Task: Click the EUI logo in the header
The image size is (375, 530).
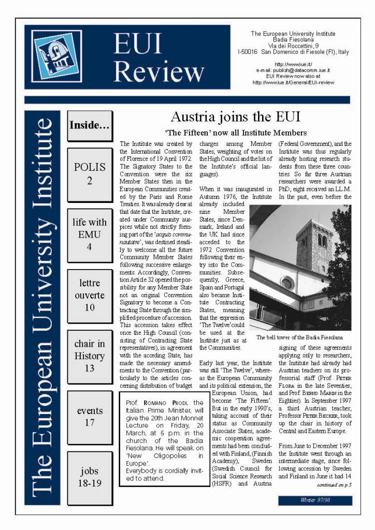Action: point(56,56)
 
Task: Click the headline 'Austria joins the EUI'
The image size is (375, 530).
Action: point(235,116)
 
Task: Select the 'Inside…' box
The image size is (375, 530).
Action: point(89,125)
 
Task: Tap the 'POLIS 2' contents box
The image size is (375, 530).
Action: point(90,174)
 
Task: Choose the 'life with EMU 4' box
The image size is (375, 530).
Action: point(90,234)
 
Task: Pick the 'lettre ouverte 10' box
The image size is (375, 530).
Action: point(90,295)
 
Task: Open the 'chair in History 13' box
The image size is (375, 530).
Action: point(90,356)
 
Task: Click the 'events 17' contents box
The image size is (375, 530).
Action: point(90,417)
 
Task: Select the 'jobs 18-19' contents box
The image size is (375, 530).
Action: point(90,477)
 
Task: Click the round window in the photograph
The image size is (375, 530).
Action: point(286,283)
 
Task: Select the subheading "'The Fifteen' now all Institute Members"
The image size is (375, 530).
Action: point(236,133)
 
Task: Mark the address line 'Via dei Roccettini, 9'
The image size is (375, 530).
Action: point(293,46)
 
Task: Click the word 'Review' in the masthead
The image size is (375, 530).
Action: point(158,72)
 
